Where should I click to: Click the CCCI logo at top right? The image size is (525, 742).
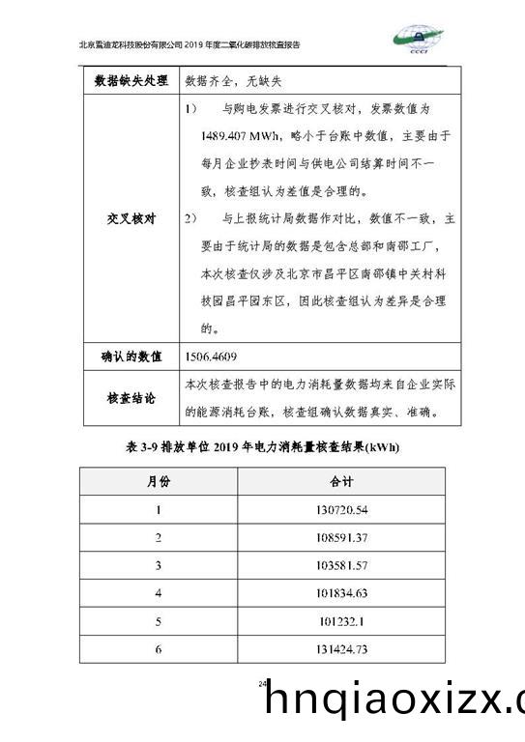pos(425,39)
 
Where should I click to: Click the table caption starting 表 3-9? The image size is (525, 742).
pos(262,447)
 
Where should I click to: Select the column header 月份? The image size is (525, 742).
pos(158,481)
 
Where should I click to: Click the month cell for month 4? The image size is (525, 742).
pos(158,593)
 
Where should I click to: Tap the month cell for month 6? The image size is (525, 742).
pos(158,649)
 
